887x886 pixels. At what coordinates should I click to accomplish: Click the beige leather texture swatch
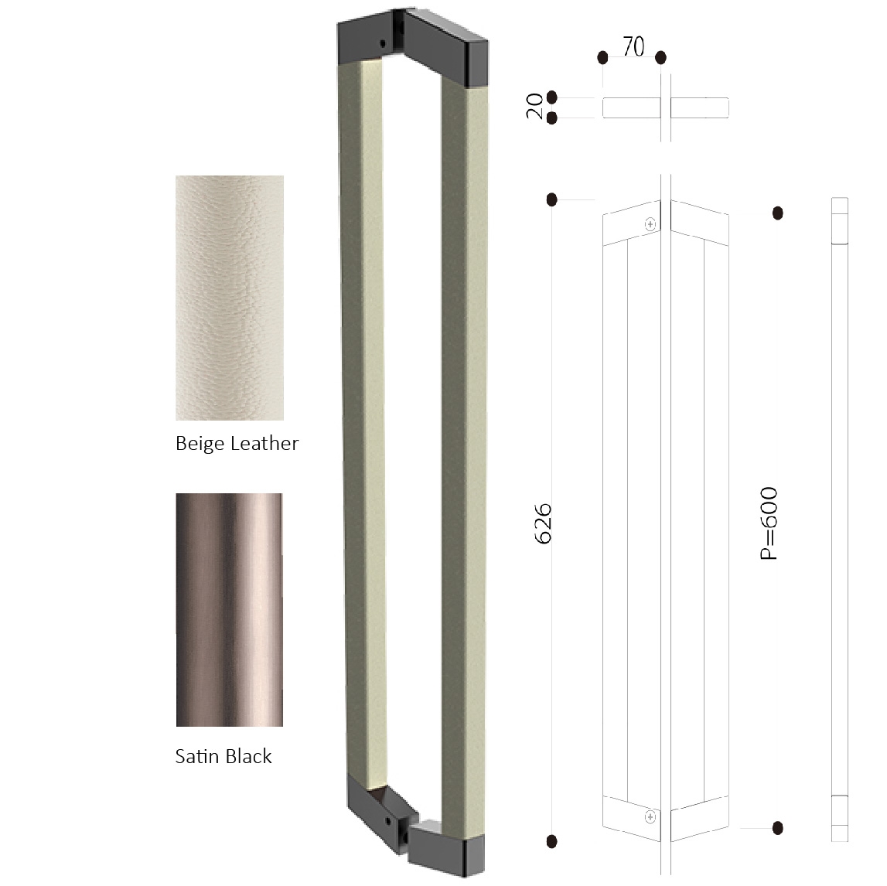(230, 298)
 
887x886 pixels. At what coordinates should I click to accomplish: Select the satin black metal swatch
(229, 609)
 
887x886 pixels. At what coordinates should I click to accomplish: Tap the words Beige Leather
(237, 443)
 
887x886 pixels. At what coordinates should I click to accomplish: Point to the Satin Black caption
(223, 756)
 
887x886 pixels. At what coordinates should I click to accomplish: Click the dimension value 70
(633, 46)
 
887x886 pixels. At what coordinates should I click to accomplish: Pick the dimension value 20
(534, 106)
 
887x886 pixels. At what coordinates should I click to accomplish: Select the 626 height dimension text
(543, 523)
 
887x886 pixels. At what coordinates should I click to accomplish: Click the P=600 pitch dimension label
(769, 523)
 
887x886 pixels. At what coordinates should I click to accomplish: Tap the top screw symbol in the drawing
(650, 224)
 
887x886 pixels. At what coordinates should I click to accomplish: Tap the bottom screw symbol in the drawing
(650, 816)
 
